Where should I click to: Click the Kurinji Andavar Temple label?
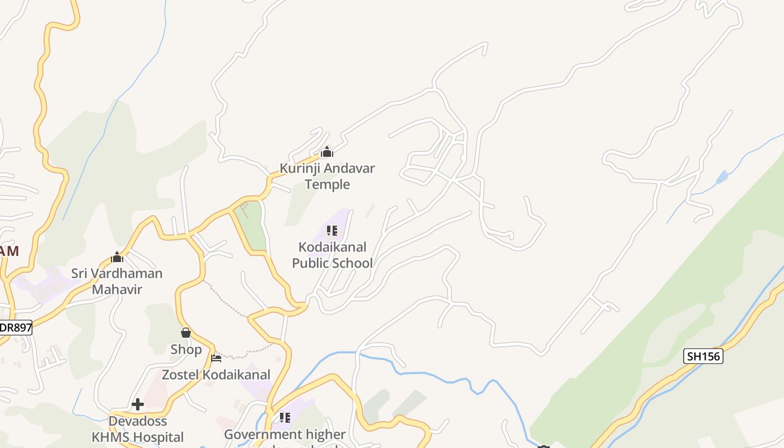tap(327, 176)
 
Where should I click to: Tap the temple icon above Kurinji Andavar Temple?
tap(327, 152)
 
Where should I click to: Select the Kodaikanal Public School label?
tap(332, 255)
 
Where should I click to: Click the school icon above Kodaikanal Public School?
tap(332, 231)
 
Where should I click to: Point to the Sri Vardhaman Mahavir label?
tap(117, 281)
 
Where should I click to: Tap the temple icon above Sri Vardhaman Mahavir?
tap(117, 257)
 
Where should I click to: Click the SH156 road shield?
tap(703, 356)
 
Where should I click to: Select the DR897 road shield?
tap(15, 328)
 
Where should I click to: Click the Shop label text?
tap(186, 349)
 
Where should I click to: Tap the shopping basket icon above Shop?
tap(186, 333)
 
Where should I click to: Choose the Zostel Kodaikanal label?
tap(216, 375)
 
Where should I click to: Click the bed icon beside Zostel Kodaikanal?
tap(216, 358)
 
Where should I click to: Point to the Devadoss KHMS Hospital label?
tap(138, 429)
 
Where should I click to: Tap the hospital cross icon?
tap(138, 404)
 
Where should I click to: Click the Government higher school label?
tap(284, 435)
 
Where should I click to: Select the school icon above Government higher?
tap(284, 417)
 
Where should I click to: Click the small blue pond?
tap(722, 178)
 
